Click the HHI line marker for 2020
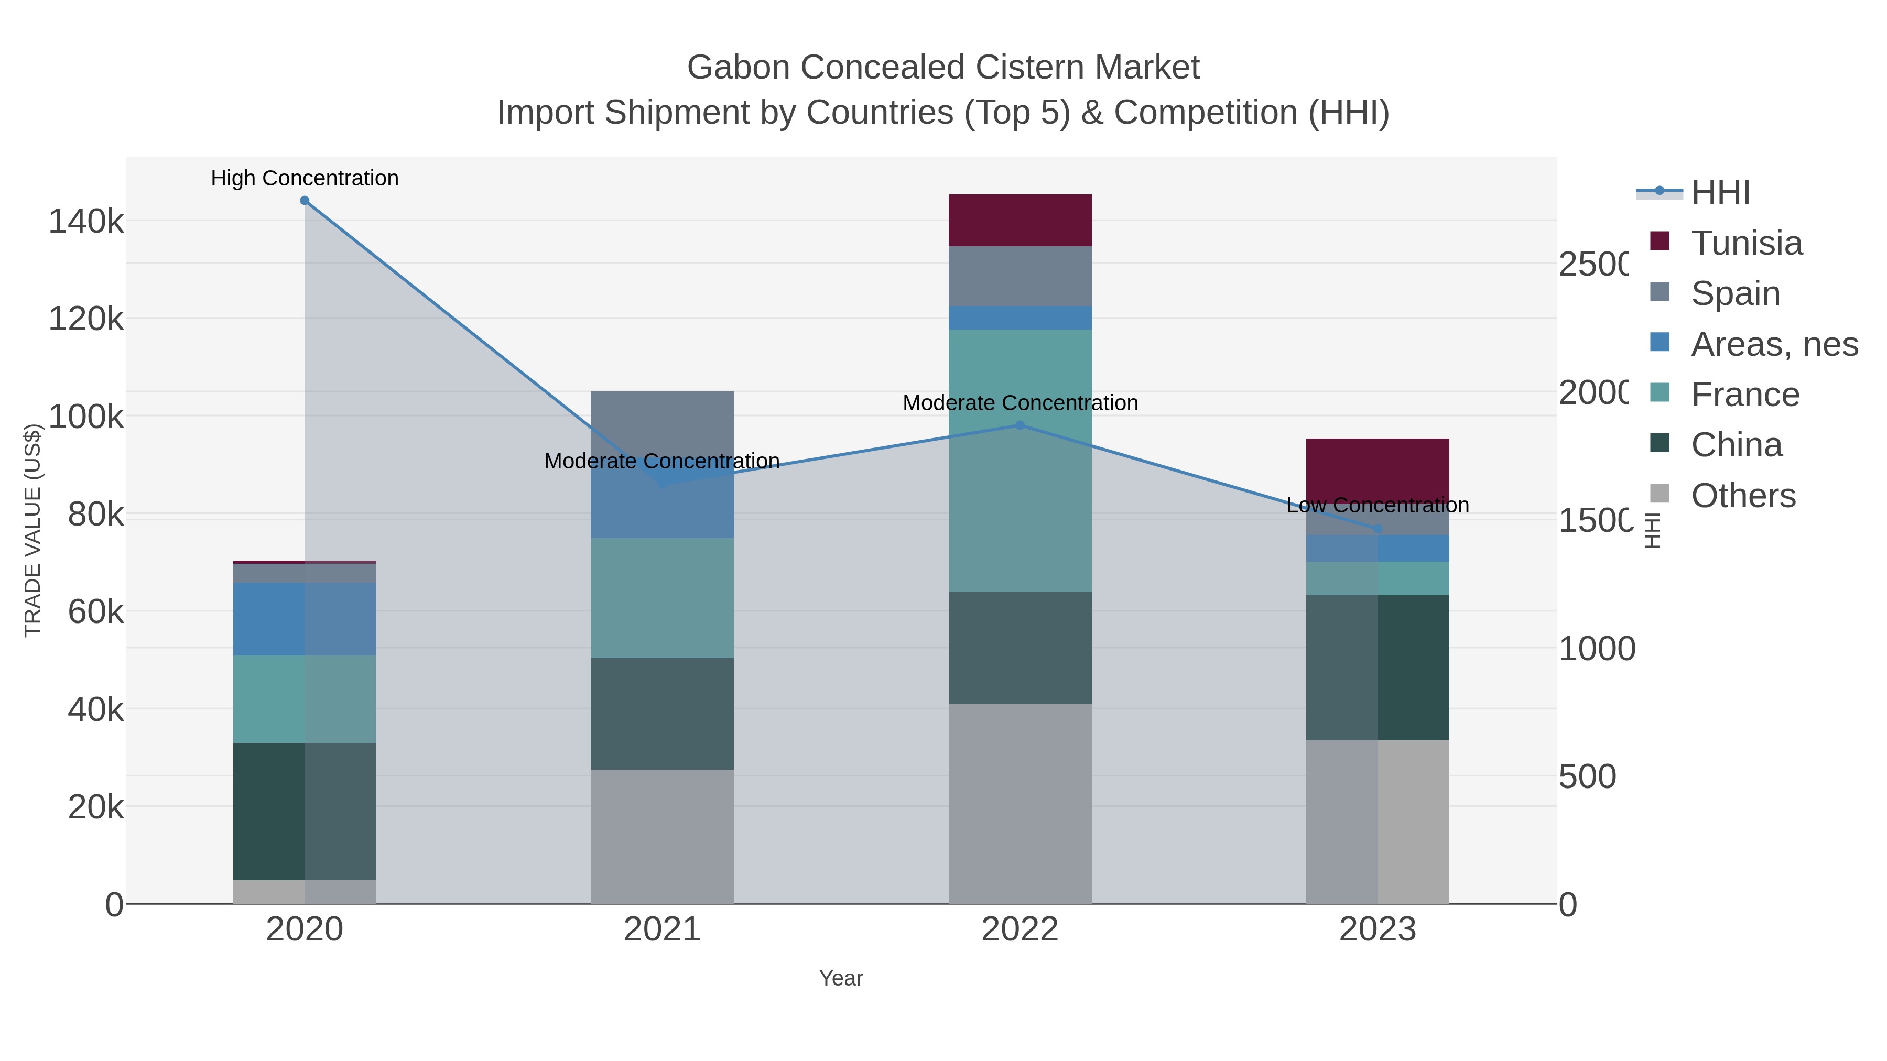305,201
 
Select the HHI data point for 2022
1020,425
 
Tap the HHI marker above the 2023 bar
1377,529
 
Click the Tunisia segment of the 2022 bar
1020,221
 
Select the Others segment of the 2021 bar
661,836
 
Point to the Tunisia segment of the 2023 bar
1377,468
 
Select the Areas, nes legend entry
1773,344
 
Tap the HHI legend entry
1720,193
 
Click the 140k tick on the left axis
86,221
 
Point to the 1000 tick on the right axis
1596,649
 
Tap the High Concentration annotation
305,178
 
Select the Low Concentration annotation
1377,505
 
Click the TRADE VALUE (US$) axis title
33,530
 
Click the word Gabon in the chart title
738,68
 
